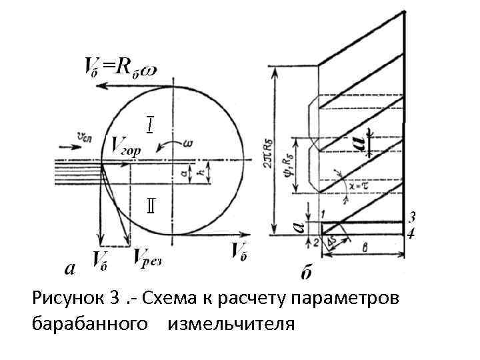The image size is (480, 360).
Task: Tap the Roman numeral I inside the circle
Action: (151, 124)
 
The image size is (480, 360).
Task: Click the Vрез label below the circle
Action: (148, 256)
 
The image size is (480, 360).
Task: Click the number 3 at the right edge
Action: (411, 217)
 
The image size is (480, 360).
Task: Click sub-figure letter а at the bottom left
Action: (68, 268)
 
